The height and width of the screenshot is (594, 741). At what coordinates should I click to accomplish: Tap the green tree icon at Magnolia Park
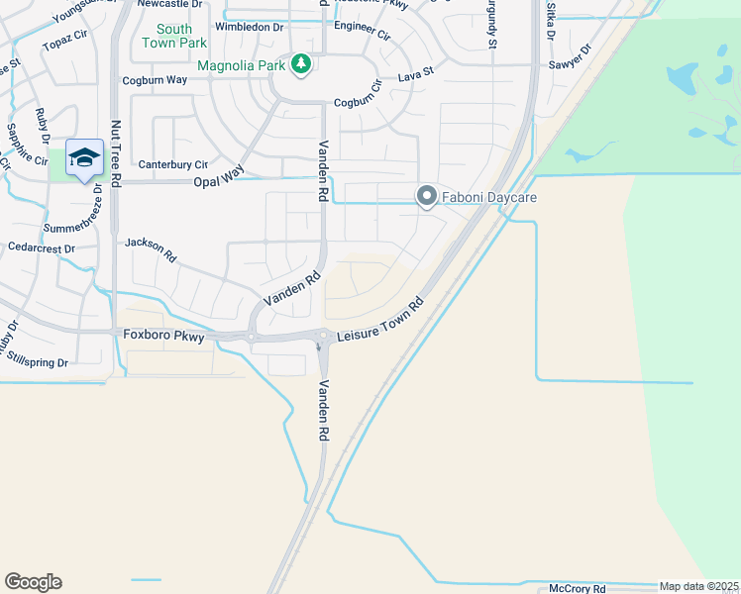(301, 65)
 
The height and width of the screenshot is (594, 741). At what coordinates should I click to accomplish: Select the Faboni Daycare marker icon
(427, 197)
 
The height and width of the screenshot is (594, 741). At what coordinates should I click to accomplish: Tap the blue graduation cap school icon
(84, 157)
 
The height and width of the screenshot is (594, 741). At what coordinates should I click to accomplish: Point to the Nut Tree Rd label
(116, 152)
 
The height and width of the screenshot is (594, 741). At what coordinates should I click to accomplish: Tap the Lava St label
(416, 73)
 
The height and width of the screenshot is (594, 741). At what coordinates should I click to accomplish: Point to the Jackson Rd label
(151, 248)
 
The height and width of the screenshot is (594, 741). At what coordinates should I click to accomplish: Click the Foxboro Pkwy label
(164, 337)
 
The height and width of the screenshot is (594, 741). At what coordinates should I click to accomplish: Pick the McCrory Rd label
(577, 588)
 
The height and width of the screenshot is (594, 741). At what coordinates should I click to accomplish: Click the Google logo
(33, 582)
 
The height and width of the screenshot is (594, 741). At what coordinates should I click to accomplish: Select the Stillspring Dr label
(36, 363)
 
